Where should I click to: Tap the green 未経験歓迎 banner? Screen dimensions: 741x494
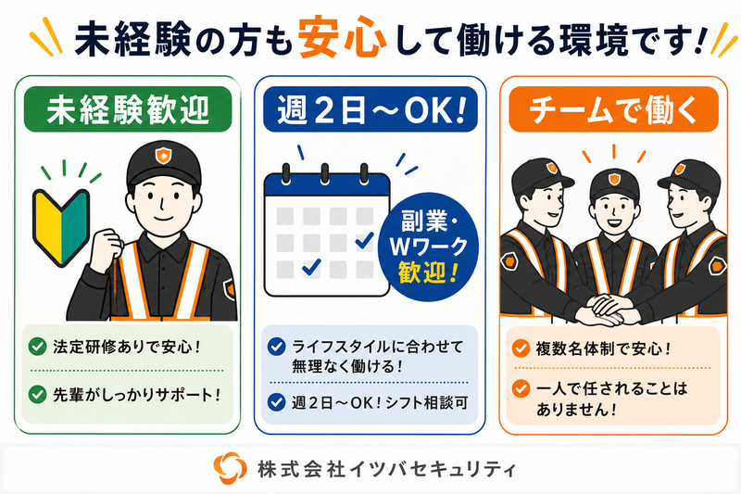(128, 109)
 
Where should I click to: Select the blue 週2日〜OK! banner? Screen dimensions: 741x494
(370, 109)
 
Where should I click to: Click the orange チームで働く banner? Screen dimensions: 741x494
(613, 109)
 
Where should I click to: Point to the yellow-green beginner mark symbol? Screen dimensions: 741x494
(61, 226)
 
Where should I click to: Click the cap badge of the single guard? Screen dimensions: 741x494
(163, 155)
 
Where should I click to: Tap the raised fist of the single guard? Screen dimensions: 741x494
(107, 248)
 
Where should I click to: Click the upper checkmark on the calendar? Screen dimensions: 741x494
(364, 241)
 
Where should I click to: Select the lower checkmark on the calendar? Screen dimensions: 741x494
(311, 267)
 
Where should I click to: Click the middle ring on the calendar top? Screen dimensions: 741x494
(325, 173)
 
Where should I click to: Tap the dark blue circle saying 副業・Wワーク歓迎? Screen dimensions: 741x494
(428, 246)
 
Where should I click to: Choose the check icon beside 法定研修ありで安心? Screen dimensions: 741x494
(37, 347)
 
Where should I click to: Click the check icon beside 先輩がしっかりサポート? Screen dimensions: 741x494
(37, 394)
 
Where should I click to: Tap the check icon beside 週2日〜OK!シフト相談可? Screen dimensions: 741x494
(276, 402)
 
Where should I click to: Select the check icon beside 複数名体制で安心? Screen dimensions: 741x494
(521, 348)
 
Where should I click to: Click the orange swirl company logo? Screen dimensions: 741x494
(230, 468)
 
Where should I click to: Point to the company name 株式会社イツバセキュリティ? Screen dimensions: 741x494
(386, 469)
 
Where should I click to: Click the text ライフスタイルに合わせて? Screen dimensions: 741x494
(378, 347)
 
